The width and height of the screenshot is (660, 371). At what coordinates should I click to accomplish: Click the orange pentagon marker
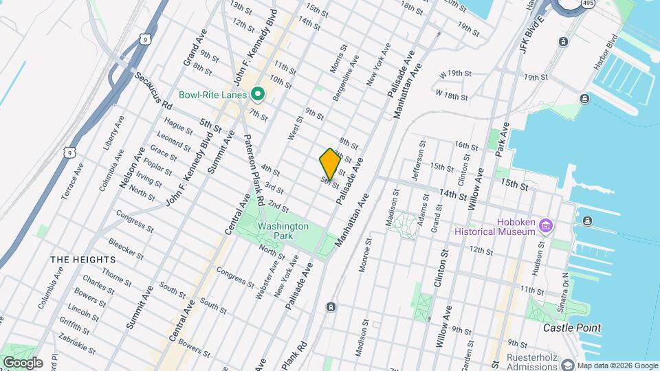point(330,164)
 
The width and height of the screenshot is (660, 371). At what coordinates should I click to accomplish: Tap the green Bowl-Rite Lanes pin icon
point(258,94)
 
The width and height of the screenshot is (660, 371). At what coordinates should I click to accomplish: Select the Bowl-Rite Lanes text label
point(212,95)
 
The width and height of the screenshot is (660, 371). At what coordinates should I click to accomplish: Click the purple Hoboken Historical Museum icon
point(547,225)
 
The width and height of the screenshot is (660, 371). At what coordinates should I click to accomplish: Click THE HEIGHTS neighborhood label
point(82,259)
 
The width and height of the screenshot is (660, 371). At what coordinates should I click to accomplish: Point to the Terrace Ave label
point(73,181)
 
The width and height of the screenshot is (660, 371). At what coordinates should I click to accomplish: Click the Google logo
point(23,363)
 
